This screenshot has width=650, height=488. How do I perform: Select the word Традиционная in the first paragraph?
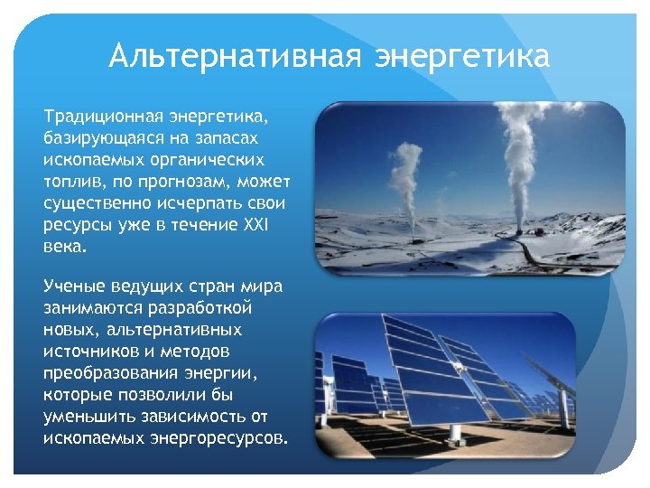point(102,117)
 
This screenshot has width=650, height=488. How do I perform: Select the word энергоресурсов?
point(215,437)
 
